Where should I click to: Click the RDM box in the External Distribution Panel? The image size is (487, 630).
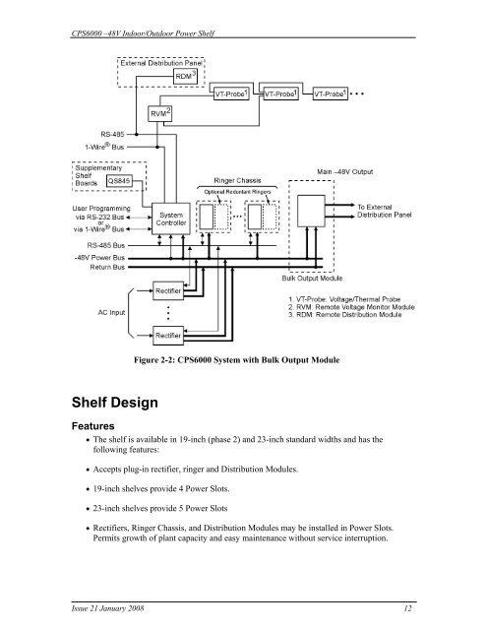click(x=185, y=77)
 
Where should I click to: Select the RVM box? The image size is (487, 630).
click(x=159, y=114)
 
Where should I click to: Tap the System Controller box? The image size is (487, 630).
click(x=170, y=219)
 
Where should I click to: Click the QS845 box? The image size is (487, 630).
click(x=119, y=181)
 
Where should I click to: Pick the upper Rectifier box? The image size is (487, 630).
click(x=168, y=291)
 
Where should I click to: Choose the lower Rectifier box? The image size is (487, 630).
click(x=168, y=336)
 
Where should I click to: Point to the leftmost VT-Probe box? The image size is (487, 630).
click(x=231, y=94)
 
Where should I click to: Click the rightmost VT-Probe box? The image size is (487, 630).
click(x=330, y=94)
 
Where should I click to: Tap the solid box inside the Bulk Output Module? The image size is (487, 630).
click(x=311, y=211)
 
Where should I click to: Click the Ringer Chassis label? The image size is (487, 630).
click(x=237, y=181)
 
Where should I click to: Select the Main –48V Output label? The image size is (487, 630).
click(x=345, y=171)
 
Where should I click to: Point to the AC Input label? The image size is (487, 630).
click(x=111, y=312)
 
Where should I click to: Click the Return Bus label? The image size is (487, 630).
click(x=107, y=267)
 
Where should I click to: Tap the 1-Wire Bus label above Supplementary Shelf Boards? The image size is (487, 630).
click(x=104, y=147)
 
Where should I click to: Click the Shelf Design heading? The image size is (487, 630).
click(x=115, y=403)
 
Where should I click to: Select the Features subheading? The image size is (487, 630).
click(x=92, y=426)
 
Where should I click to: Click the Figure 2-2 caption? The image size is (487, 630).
click(x=237, y=360)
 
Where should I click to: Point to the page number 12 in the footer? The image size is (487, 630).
click(x=407, y=608)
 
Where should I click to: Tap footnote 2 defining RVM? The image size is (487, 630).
click(x=351, y=307)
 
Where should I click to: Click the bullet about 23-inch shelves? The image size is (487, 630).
click(x=157, y=508)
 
